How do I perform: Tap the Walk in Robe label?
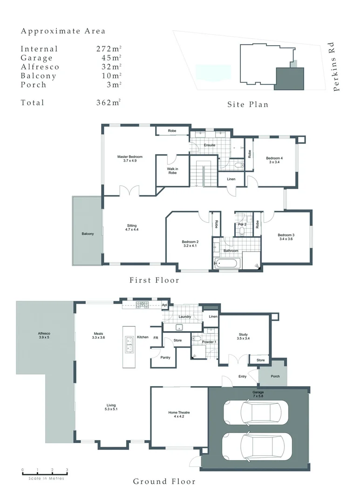(x=172, y=170)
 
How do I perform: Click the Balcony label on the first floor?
(x=88, y=234)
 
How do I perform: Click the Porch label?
(x=275, y=376)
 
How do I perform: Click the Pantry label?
(x=165, y=358)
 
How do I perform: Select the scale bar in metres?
(x=45, y=474)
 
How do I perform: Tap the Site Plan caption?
(x=248, y=104)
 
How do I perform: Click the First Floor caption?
(x=154, y=280)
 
